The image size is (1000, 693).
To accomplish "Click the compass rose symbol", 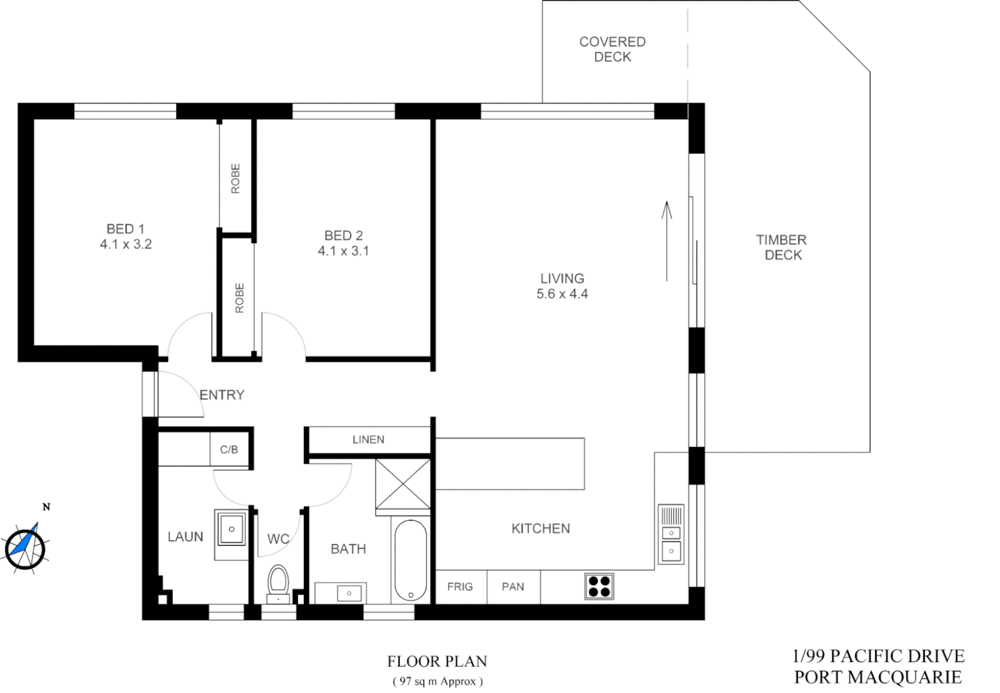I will tap(25, 547).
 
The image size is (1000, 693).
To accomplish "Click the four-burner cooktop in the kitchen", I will tap(599, 586).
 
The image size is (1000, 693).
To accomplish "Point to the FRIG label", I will tap(460, 586).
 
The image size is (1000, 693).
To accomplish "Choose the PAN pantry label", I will tap(513, 586).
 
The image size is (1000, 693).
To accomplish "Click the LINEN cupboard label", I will tap(368, 440).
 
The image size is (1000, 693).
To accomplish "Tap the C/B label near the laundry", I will tap(229, 450).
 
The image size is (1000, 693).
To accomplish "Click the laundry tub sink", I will tap(231, 529).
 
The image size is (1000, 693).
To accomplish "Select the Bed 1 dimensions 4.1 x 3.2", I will tap(126, 244).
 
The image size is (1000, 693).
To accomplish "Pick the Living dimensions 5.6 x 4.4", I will tap(562, 295).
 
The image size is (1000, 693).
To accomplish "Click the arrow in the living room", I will tap(667, 241).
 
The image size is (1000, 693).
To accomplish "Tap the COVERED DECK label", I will tap(612, 49).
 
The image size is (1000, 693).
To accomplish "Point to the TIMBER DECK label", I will tap(782, 247).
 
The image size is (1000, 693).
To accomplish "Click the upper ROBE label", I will tap(235, 178).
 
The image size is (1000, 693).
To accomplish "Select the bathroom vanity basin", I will tap(349, 593).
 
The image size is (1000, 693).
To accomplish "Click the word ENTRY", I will tap(222, 395).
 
